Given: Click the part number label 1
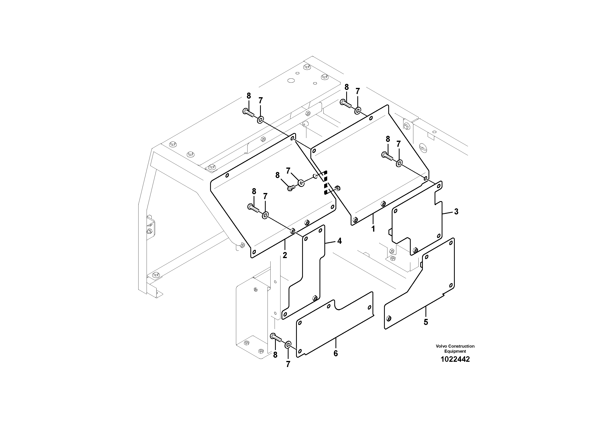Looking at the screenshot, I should [373, 229].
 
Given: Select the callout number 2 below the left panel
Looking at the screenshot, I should [285, 255].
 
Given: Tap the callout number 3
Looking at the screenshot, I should [456, 212].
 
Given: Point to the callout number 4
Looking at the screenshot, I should [339, 241].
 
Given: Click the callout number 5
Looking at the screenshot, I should [426, 322].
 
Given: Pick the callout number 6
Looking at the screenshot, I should [336, 353].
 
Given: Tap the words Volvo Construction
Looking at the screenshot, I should [455, 346].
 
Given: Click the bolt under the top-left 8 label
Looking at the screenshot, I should [248, 113].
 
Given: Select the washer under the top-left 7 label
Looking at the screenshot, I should [260, 120].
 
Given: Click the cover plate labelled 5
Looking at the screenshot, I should [425, 288].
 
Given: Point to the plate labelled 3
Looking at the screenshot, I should [417, 225].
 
